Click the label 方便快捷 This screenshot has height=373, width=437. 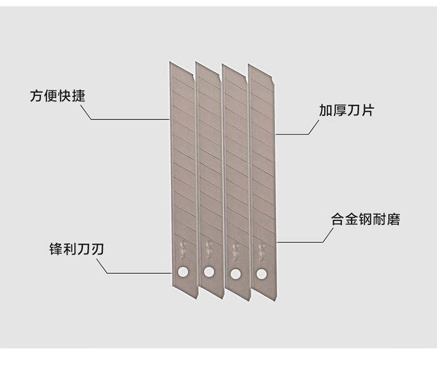pyautogui.click(x=58, y=96)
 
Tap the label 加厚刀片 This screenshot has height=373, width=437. pyautogui.click(x=346, y=110)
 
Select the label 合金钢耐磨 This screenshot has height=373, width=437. pyautogui.click(x=365, y=219)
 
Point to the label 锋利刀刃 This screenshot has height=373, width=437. pyautogui.click(x=77, y=249)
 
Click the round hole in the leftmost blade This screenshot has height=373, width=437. pyautogui.click(x=183, y=272)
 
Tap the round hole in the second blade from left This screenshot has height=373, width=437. pyautogui.click(x=209, y=272)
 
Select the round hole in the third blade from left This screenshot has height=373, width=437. pyautogui.click(x=235, y=274)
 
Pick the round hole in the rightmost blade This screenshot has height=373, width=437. pyautogui.click(x=262, y=274)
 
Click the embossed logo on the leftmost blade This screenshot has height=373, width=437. pyautogui.click(x=184, y=249)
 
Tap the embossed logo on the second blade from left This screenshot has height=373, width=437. pyautogui.click(x=210, y=250)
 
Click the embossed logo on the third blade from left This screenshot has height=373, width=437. pyautogui.click(x=237, y=252)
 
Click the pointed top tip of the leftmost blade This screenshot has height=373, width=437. pyautogui.click(x=170, y=61)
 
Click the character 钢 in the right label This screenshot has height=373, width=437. pyautogui.click(x=365, y=219)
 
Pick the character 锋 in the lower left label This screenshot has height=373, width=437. pyautogui.click(x=56, y=249)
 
